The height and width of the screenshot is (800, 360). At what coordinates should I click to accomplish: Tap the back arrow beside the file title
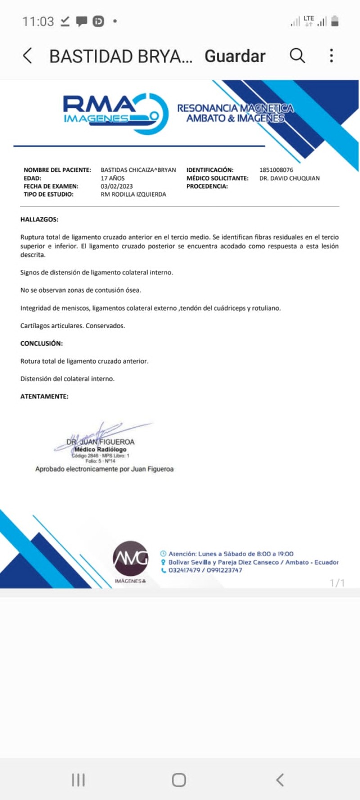point(27,56)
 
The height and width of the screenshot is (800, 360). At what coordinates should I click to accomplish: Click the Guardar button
point(235,56)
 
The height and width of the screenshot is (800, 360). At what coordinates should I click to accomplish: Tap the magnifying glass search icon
point(297,56)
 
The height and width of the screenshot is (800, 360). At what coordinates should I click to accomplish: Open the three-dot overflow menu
point(332,56)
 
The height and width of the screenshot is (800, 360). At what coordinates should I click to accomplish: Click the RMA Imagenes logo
point(116,112)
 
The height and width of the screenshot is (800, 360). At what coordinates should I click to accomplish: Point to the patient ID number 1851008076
point(276,170)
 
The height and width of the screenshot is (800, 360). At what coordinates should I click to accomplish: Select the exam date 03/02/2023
point(117,186)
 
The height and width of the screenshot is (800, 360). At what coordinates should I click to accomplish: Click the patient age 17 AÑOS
point(112,178)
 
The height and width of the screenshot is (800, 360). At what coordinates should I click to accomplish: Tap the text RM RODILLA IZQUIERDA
point(133,194)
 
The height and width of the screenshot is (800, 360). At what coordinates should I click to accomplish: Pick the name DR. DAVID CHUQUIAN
point(289,178)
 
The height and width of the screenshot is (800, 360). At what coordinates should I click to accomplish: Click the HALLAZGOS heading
point(39,220)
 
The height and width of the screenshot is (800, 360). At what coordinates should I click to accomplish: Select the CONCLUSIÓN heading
point(41,343)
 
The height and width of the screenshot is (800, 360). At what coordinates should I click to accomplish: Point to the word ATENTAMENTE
point(44,396)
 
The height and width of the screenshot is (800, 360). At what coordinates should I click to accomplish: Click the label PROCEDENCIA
point(207,186)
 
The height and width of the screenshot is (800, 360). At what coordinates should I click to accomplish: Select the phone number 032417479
point(184,570)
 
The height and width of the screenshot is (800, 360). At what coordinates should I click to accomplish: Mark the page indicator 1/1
point(337,583)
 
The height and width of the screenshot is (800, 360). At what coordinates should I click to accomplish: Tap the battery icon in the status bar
point(335,21)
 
